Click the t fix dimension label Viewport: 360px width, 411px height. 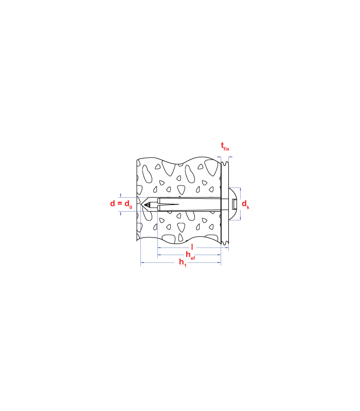225,146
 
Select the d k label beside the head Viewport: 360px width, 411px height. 245,204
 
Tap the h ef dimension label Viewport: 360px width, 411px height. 190,255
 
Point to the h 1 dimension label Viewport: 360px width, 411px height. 183,263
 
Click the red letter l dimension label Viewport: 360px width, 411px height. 192,247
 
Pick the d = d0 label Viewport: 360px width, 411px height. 121,203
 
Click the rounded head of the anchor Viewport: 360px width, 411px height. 234,204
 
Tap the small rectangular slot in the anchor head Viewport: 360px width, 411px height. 235,204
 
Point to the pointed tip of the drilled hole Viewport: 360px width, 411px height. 141,204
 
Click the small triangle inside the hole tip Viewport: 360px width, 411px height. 148,204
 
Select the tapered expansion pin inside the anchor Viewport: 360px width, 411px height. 169,204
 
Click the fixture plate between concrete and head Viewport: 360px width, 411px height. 225,204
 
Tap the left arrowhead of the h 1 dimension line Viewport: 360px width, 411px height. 142,263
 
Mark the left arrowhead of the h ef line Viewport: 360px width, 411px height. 159,255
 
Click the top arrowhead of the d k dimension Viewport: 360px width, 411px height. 240,189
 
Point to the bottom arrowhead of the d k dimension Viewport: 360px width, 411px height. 240,219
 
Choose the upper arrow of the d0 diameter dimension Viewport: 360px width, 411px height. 121,196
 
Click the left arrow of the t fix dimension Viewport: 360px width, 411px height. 219,157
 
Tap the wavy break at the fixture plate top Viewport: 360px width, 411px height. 225,163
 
